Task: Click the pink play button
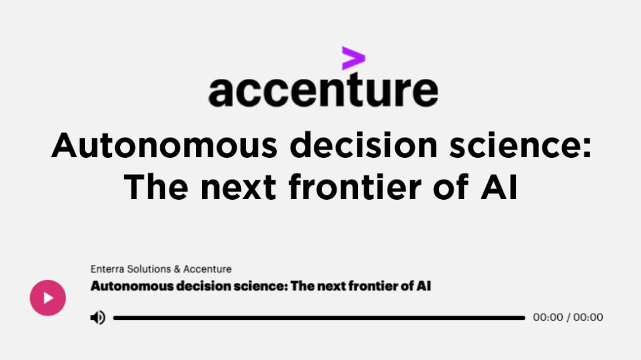click(48, 298)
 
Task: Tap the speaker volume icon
click(98, 317)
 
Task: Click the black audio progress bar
click(319, 318)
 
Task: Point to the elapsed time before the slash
click(548, 317)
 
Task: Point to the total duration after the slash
click(588, 317)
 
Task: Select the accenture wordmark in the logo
click(324, 90)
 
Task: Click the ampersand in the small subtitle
click(177, 269)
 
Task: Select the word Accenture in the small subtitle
click(207, 269)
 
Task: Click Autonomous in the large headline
click(165, 145)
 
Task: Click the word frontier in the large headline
click(355, 187)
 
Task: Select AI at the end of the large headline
click(499, 187)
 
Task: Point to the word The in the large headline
click(156, 187)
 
